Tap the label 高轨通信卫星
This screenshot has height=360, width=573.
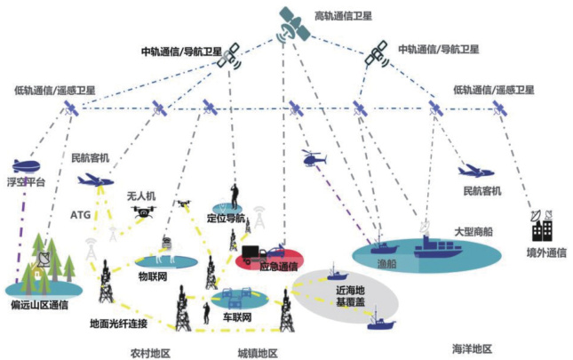pos(343,16)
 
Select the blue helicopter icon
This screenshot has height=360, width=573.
pos(314,158)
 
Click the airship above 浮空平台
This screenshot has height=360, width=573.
pos(26,166)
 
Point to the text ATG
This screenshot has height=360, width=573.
pos(80,214)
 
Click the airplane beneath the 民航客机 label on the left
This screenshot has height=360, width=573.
pos(95,180)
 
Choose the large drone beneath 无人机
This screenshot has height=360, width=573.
pos(143,212)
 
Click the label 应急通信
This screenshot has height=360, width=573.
pos(278,267)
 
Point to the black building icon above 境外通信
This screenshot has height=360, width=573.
pos(542,226)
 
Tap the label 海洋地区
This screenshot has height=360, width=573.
pos(472,348)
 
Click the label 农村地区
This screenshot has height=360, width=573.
pos(150,354)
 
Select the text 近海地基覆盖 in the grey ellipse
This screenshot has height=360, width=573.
pos(350,296)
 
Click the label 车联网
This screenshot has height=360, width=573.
pos(237,317)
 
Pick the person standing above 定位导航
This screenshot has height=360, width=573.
pos(235,197)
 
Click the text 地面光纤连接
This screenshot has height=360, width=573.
pos(118,324)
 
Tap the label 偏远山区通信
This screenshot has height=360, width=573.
pos(39,305)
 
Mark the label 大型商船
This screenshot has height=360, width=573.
pos(474,231)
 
